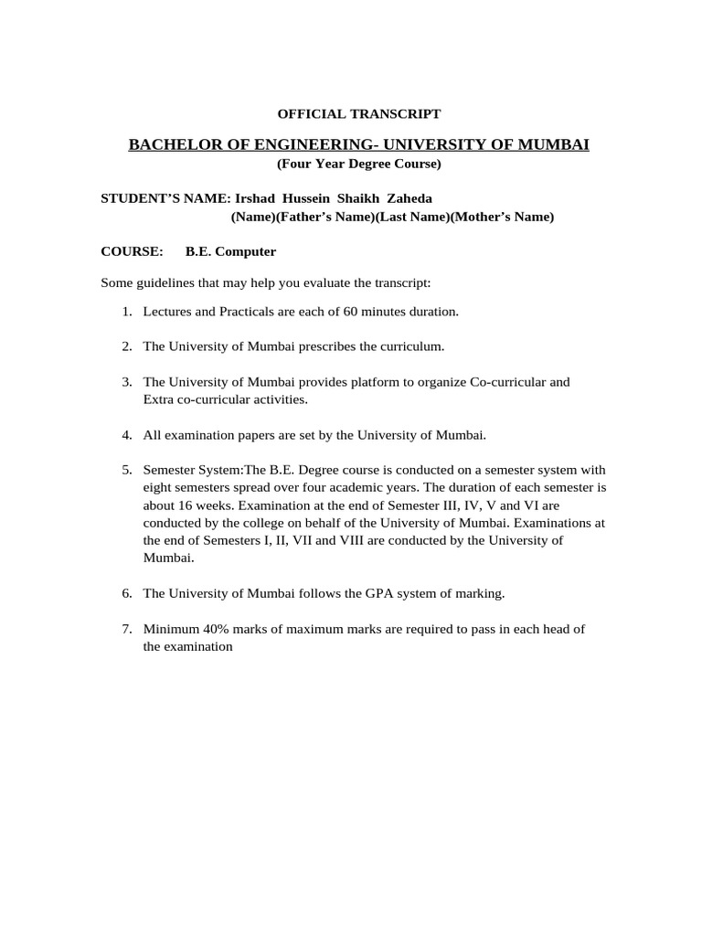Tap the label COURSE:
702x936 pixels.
[x=132, y=251]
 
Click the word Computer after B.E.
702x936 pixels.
[x=245, y=251]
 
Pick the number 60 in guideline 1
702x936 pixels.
[x=350, y=312]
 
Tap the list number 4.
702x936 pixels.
[x=126, y=434]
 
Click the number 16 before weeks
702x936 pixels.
[x=183, y=505]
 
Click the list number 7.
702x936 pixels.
[x=126, y=628]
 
